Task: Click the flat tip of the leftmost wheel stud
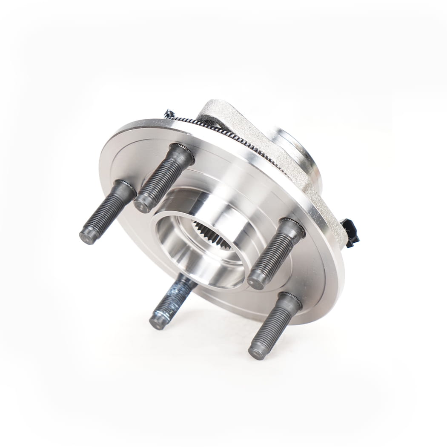coord(88,236)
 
